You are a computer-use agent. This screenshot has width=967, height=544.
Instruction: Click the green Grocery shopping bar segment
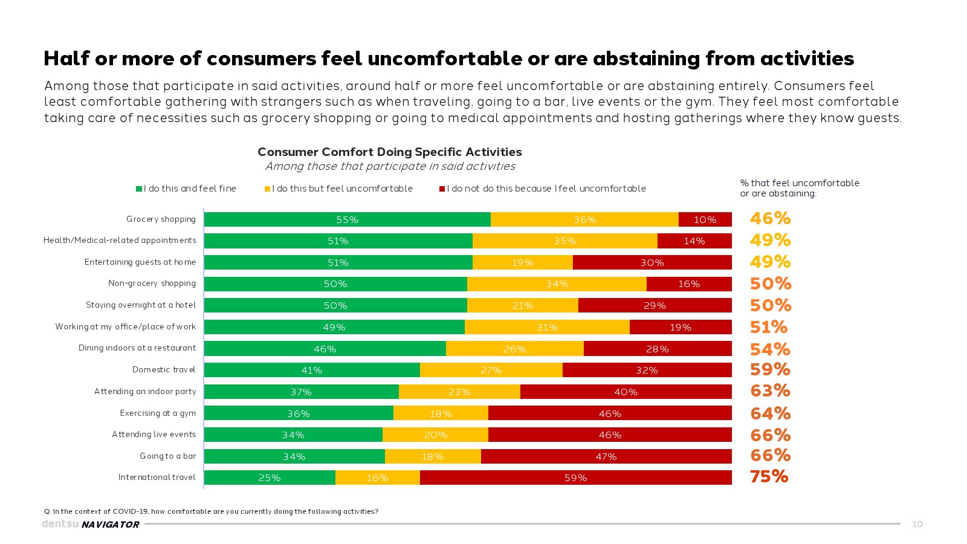(x=347, y=219)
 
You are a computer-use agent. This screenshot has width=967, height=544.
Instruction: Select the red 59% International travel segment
(x=575, y=478)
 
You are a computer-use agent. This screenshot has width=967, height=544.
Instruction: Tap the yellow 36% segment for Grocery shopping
(x=584, y=219)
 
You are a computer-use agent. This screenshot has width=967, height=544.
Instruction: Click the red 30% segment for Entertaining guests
(x=652, y=262)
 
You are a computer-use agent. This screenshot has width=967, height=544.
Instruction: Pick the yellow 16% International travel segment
(x=377, y=478)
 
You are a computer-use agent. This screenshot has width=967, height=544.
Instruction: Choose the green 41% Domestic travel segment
(x=312, y=370)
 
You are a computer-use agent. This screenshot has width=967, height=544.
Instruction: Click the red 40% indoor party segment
(x=626, y=392)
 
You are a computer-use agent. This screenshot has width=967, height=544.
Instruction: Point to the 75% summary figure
(x=769, y=476)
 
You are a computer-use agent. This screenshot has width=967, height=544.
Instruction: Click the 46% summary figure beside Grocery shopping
(x=770, y=218)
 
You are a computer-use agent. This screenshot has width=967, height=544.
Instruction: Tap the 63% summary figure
(x=770, y=390)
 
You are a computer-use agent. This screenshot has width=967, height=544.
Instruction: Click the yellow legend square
(x=267, y=189)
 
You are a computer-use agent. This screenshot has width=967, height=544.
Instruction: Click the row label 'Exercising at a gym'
(x=158, y=413)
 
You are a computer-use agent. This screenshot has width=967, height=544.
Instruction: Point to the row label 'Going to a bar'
(x=168, y=456)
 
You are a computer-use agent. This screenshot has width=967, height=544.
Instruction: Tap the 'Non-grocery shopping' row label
(x=152, y=283)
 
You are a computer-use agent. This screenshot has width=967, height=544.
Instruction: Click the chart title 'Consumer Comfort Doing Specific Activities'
(x=390, y=152)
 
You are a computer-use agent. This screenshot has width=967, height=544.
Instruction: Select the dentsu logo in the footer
(x=59, y=524)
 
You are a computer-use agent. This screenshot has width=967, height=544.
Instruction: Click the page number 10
(x=917, y=524)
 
